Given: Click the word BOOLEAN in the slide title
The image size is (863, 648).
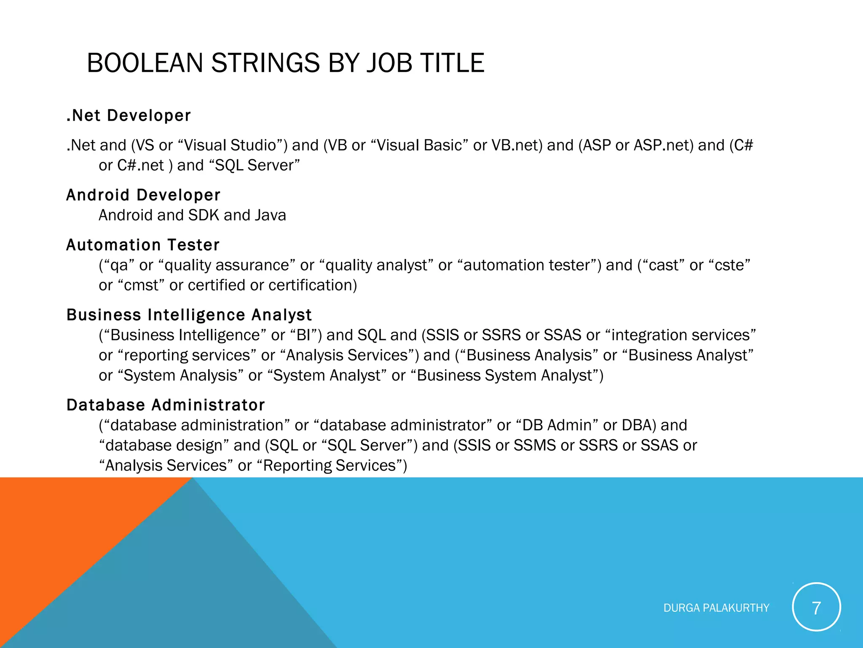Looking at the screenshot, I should click(145, 63).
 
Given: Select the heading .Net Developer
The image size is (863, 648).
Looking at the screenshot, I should click(129, 116).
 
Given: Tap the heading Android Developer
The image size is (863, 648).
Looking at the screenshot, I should click(143, 195).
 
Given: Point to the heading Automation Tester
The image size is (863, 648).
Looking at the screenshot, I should click(143, 245).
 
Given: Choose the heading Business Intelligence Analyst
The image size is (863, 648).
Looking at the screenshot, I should click(189, 315).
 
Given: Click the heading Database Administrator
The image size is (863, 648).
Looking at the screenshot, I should click(166, 405).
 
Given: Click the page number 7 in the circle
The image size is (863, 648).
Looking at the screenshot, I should click(816, 608).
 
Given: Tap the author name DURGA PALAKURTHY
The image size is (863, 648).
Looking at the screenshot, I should click(716, 608).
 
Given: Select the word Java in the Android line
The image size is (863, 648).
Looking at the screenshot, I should click(270, 216).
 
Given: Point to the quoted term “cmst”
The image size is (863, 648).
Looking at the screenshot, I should click(141, 286).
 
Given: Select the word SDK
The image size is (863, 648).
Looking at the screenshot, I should click(204, 216).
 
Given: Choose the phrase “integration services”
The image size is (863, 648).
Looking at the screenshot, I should click(680, 335).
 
